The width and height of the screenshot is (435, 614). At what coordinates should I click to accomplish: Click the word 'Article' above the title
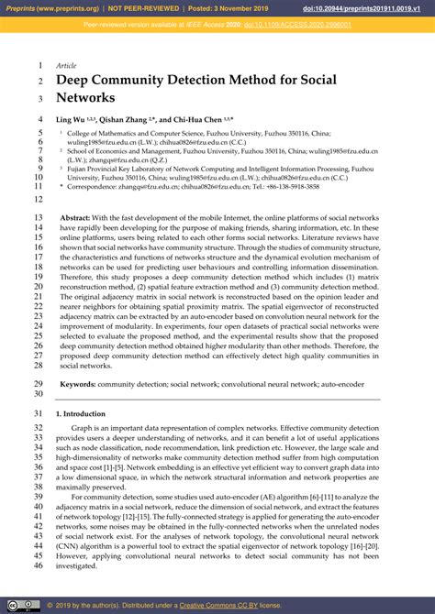point(66,66)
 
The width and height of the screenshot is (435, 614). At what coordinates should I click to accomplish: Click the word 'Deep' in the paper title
point(77,81)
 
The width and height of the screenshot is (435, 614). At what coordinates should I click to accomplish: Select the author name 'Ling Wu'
point(72,119)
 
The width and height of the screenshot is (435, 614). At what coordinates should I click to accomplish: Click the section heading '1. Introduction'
point(82,414)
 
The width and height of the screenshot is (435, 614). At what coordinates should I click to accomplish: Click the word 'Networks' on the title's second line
point(85,98)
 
